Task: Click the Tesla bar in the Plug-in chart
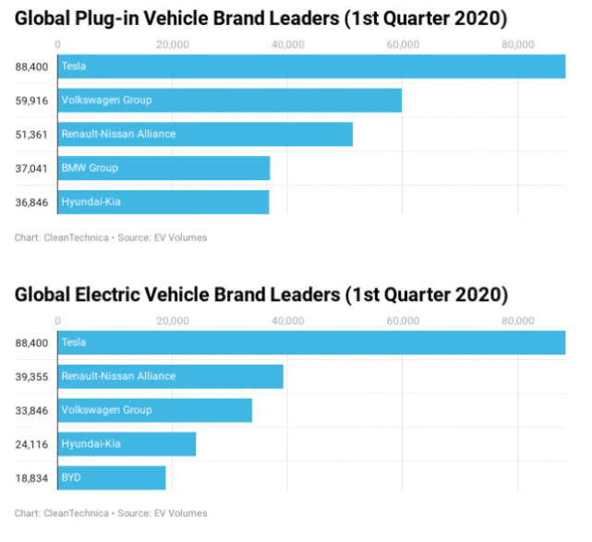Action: tap(311, 66)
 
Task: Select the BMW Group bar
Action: tap(163, 168)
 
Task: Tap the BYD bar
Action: tap(112, 477)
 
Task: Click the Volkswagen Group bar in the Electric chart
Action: tap(155, 410)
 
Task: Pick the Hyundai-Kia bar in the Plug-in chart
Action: tap(163, 201)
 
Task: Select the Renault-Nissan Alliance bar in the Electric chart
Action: tap(171, 377)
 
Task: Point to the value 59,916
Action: tap(32, 100)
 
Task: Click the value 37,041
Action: tap(32, 168)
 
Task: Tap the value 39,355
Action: tap(32, 377)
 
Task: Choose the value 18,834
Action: tap(32, 477)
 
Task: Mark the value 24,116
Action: tap(32, 444)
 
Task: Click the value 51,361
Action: tap(32, 134)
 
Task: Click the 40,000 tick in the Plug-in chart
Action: tap(288, 44)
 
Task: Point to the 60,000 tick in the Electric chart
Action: tap(403, 320)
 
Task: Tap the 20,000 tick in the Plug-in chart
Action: tap(173, 44)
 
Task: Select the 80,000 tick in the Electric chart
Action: tap(518, 320)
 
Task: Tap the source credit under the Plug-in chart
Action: tap(111, 237)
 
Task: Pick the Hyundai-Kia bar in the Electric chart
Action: tap(127, 444)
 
